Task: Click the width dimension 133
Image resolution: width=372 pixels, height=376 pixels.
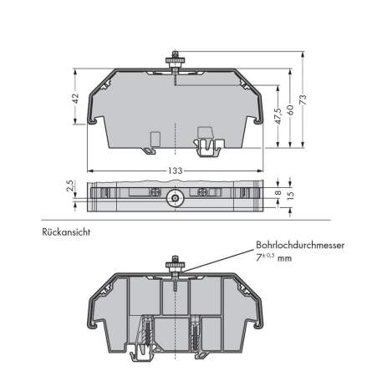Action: [x=175, y=170]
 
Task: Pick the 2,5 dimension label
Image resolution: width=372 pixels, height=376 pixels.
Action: [x=72, y=185]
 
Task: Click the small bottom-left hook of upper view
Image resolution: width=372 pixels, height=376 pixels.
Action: [x=147, y=150]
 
